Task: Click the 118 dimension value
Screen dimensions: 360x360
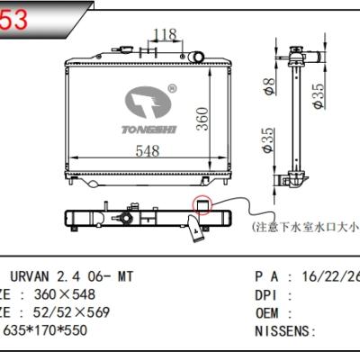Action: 165,35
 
